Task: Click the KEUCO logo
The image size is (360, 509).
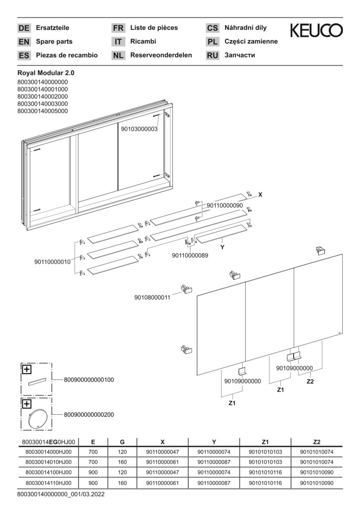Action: [316, 31]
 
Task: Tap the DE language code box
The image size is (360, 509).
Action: [24, 28]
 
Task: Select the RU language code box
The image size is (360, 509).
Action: [213, 55]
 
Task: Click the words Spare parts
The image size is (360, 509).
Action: [54, 41]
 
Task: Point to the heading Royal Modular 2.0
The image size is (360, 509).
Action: [46, 73]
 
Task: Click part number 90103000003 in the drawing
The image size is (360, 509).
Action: [139, 129]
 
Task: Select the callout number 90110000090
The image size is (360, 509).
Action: [224, 205]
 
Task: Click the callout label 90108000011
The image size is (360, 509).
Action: [152, 297]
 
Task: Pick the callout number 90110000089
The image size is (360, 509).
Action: [190, 255]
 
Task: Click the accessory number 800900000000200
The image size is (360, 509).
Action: [89, 415]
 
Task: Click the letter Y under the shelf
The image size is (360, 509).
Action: [222, 247]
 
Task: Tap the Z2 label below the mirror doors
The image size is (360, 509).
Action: [310, 381]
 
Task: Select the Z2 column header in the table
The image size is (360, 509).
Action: [316, 442]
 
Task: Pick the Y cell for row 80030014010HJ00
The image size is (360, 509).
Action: [214, 462]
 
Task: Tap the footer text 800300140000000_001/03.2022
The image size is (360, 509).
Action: [60, 494]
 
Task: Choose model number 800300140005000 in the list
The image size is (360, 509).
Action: [42, 111]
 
